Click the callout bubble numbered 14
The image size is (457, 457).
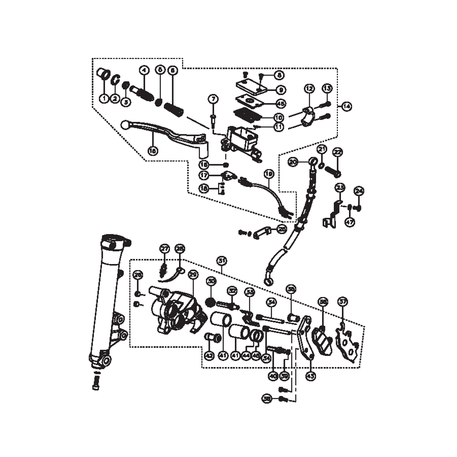(347, 106)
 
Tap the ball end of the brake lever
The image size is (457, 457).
(125, 125)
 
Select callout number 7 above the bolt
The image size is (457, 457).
(213, 99)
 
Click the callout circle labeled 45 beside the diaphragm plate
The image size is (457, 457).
(281, 103)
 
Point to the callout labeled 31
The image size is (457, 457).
(221, 261)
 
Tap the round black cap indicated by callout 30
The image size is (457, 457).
(211, 303)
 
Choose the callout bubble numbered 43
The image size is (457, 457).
(311, 375)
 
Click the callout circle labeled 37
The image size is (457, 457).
(343, 301)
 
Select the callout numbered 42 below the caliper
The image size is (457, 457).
(209, 356)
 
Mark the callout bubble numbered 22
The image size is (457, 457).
(338, 152)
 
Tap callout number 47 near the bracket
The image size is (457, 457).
(350, 222)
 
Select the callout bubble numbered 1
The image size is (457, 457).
(104, 99)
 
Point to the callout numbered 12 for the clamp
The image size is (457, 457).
(309, 89)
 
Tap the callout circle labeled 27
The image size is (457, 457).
(164, 249)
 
